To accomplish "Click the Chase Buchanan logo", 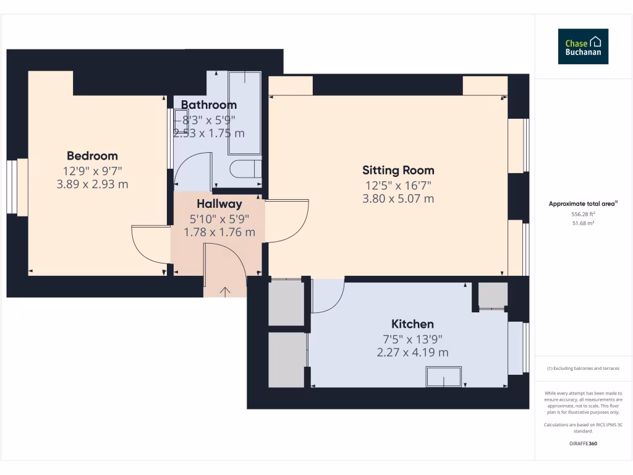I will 583,46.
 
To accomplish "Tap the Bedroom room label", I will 92,156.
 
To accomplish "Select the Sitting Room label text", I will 398,170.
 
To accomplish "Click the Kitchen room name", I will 412,324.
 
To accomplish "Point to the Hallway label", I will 219,204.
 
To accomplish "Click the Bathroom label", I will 209,105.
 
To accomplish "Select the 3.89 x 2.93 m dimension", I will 92,184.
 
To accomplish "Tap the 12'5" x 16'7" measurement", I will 398,185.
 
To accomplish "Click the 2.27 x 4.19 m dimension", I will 412,353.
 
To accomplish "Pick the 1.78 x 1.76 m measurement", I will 219,233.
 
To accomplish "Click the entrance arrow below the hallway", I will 225,291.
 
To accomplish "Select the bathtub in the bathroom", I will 245,113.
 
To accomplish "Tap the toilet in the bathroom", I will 245,169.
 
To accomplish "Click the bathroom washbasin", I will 181,121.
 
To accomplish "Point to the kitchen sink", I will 444,377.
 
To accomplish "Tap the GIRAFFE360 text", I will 583,443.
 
